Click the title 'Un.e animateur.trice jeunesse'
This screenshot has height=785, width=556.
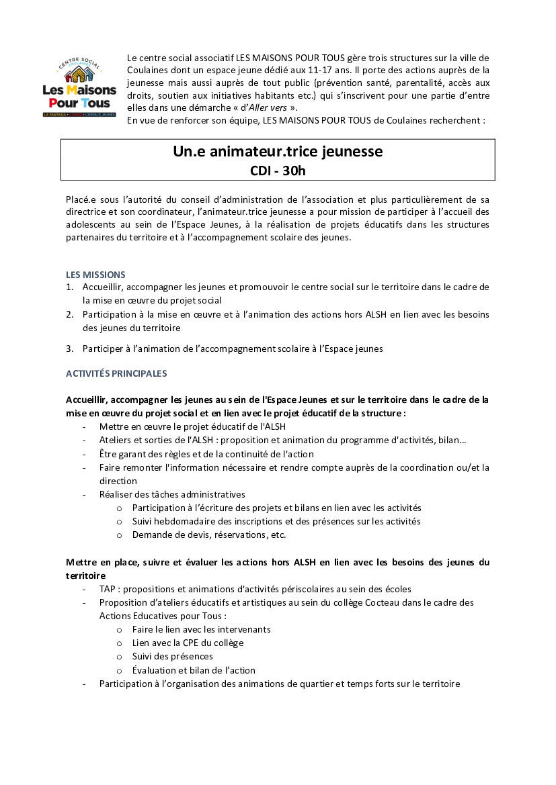pos(278,152)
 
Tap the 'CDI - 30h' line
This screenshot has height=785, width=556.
pos(278,171)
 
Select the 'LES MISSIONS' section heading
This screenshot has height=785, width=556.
pos(95,274)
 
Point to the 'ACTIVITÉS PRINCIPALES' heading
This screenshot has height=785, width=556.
pos(116,373)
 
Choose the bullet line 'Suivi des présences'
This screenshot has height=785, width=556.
pos(173,656)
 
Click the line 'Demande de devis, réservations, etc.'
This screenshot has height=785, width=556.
pos(209,535)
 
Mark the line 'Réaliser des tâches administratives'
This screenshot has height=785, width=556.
pos(172,494)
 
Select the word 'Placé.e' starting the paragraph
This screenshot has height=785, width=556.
pos(81,199)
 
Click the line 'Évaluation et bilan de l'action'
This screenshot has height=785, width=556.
pos(194,670)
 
